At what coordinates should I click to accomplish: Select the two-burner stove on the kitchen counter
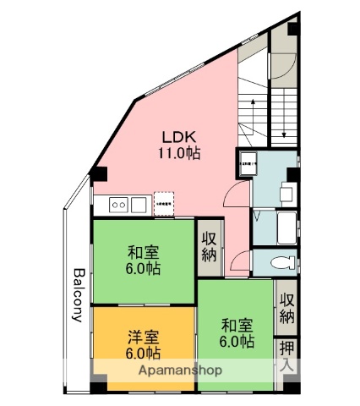pyautogui.click(x=117, y=204)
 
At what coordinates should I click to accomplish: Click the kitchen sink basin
pyautogui.click(x=138, y=204)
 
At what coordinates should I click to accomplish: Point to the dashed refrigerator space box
pyautogui.click(x=164, y=204)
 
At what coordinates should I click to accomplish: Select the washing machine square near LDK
pyautogui.click(x=248, y=167)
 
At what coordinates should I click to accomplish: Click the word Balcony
pyautogui.click(x=78, y=295)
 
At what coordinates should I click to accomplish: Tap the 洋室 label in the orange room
pyautogui.click(x=143, y=337)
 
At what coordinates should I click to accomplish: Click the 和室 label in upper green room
pyautogui.click(x=143, y=253)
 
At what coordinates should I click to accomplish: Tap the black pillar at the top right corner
pyautogui.click(x=292, y=27)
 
